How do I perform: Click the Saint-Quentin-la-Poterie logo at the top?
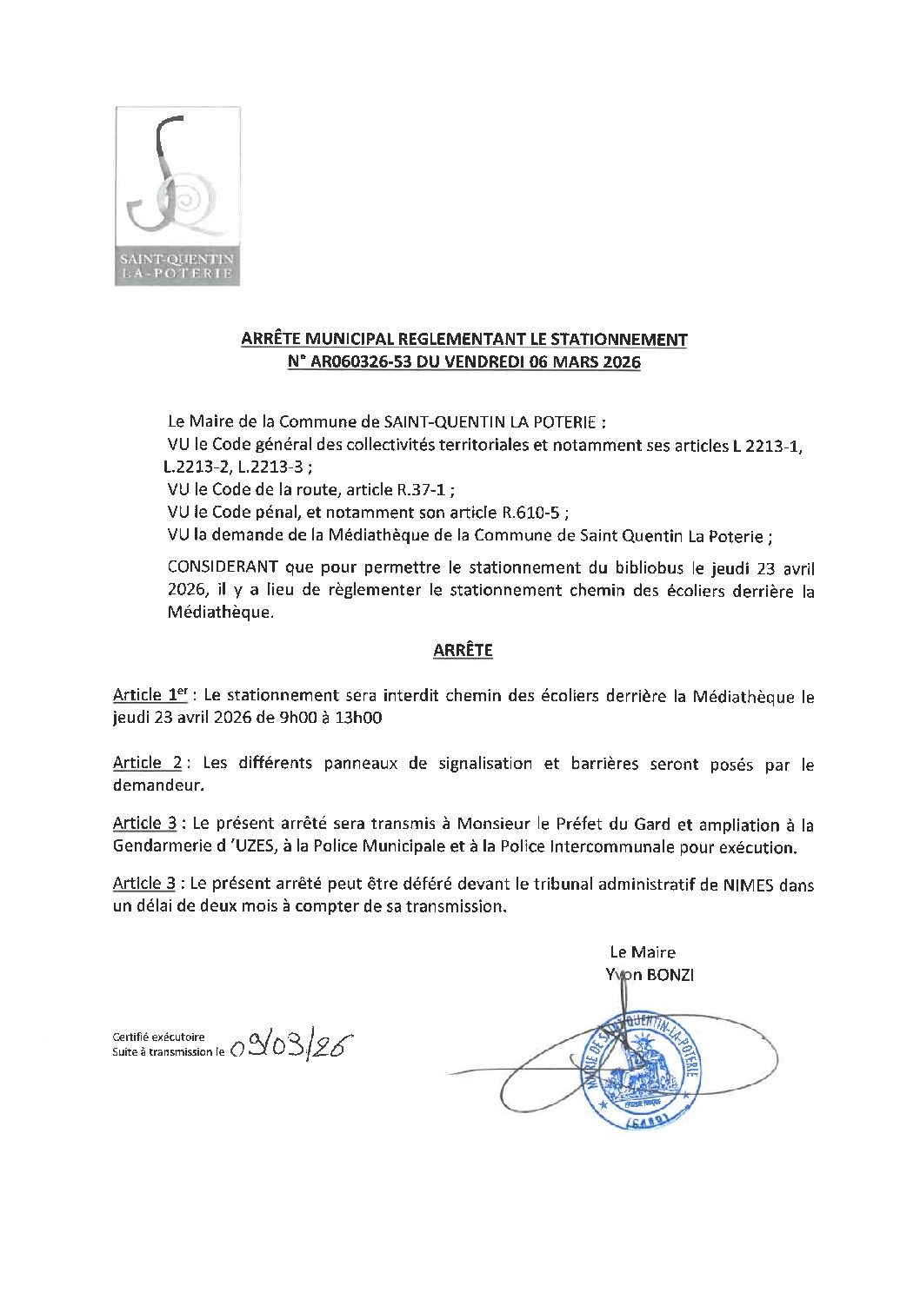point(177,196)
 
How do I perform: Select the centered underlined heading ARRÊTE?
point(463,650)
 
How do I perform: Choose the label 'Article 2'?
point(147,763)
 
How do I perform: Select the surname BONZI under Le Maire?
point(670,974)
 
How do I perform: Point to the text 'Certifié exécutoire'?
point(158,1036)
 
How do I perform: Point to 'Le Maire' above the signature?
point(642,951)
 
